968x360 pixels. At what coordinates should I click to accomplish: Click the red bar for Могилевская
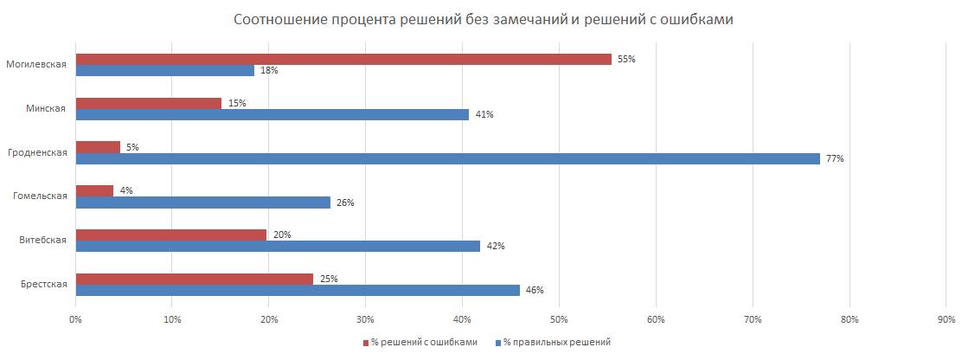click(343, 60)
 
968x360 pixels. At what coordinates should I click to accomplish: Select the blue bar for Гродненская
click(447, 158)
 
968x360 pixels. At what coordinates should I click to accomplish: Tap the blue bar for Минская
click(272, 114)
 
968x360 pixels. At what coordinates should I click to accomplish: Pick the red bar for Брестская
click(195, 280)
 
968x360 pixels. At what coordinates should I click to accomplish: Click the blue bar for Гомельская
click(203, 202)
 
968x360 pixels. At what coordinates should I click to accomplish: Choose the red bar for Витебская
click(171, 235)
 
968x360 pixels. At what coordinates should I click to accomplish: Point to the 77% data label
click(835, 159)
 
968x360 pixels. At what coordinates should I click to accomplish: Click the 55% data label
click(626, 60)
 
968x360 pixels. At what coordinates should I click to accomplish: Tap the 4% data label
click(125, 190)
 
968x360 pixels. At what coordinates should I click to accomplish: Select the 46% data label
click(535, 290)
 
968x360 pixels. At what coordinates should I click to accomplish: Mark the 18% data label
click(269, 70)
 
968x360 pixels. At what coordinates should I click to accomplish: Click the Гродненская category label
click(42, 152)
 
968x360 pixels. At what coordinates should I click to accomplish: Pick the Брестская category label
click(45, 284)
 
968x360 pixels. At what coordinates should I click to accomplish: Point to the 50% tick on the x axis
click(559, 319)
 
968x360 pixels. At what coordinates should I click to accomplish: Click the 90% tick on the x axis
click(946, 319)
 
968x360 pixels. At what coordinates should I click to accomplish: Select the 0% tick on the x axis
click(75, 319)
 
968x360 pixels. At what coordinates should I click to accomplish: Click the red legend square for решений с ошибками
click(364, 342)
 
